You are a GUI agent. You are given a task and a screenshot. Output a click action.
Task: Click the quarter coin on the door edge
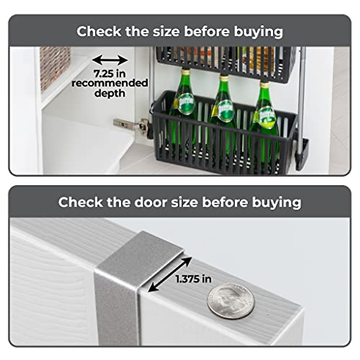231,301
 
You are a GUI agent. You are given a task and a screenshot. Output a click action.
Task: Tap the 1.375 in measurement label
193,279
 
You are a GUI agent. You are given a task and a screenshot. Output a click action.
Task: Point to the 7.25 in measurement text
110,73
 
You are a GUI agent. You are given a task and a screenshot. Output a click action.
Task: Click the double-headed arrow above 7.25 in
110,60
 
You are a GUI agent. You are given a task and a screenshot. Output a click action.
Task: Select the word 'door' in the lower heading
150,202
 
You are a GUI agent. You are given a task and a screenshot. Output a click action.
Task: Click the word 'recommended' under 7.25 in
110,83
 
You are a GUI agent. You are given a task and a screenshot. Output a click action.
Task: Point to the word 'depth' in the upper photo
110,93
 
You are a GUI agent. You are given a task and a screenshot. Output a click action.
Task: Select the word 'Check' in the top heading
99,31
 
